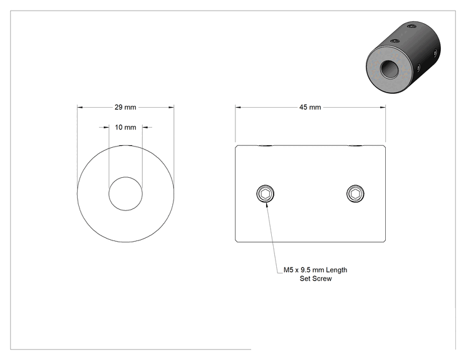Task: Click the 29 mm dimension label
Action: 125,107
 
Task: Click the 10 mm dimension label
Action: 125,128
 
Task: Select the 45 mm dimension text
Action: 310,107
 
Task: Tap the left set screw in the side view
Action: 265,193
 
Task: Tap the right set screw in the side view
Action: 355,193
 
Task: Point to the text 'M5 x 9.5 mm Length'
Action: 315,270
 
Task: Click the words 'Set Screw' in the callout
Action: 316,279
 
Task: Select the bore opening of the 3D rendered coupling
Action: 388,69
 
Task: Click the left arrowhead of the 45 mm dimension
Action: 238,107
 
